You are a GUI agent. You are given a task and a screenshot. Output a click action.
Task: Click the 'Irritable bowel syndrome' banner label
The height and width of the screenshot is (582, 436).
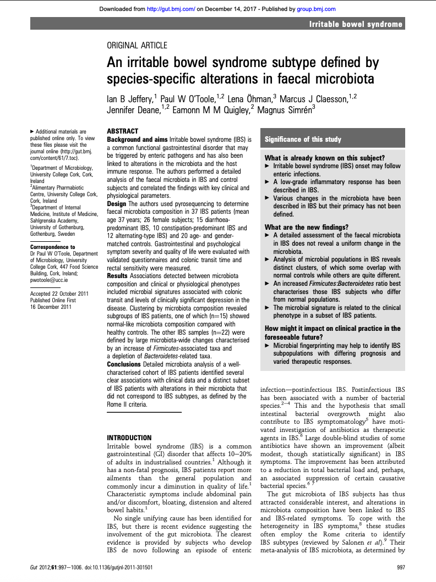356,24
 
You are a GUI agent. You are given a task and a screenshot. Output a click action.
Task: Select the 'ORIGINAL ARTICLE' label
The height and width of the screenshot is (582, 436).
137,46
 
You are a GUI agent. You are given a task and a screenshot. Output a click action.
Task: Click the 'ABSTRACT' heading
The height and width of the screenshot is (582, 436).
123,132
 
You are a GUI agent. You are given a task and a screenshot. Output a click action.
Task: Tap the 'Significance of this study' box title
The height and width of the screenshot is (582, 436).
303,140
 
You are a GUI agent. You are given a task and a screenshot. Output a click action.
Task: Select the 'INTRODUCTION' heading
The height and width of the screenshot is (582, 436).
129,438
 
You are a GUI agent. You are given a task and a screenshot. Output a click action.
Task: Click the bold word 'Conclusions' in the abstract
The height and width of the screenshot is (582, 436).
124,364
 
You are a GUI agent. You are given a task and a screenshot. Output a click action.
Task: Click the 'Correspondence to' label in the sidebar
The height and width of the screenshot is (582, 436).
53,247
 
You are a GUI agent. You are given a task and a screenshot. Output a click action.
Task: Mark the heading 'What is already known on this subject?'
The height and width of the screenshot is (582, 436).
324,158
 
